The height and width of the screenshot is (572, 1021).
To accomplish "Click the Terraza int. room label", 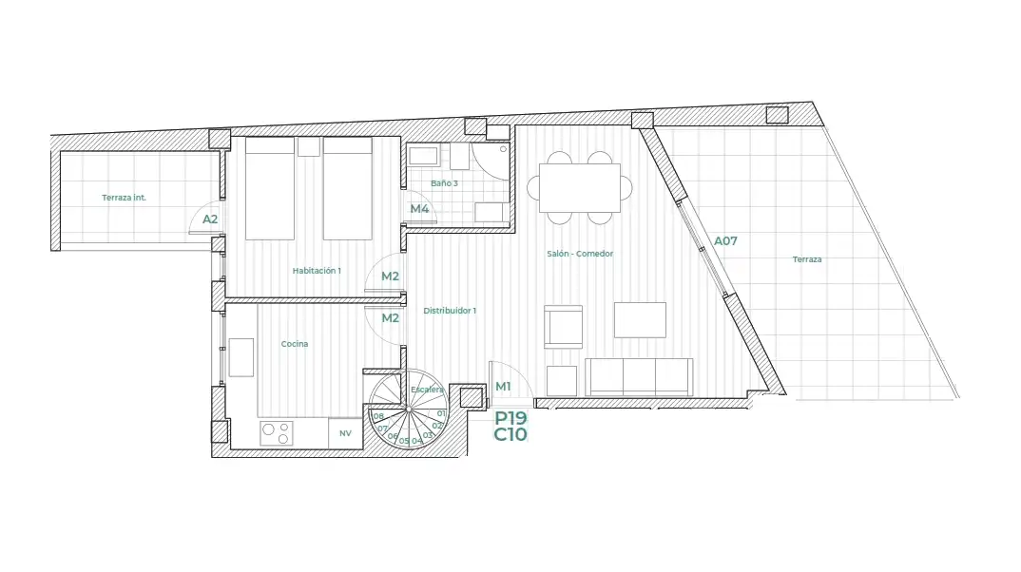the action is point(124,198).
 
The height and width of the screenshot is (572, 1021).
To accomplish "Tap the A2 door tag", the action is point(210,219).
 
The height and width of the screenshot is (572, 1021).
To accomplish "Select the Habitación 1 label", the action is point(317,271).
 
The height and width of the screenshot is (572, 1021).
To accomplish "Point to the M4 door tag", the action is point(419,209).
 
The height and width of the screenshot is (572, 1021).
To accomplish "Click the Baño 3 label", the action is point(444,183).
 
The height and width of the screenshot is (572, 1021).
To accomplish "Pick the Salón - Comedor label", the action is point(580,254).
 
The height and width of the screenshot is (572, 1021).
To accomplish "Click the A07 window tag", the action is point(725,240).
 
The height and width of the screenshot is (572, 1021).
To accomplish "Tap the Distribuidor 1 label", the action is point(450,311).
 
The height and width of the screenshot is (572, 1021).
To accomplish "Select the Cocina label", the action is point(295,344).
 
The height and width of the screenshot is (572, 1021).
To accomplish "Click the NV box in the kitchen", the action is point(345,432).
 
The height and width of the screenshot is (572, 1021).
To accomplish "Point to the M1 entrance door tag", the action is point(503,387).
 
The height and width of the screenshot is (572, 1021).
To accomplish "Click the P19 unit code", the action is point(510,418).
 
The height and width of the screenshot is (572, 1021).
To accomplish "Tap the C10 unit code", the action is point(510,434).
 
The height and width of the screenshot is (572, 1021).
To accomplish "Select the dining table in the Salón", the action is point(580,188).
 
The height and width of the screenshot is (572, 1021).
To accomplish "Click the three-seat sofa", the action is point(639,377).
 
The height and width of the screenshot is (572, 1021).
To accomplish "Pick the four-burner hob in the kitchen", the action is point(277,433).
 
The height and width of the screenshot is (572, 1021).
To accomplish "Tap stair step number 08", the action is point(378,416).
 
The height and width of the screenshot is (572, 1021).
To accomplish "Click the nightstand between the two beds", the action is point(309,146).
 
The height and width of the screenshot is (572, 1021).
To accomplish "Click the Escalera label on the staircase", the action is point(427,390).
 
